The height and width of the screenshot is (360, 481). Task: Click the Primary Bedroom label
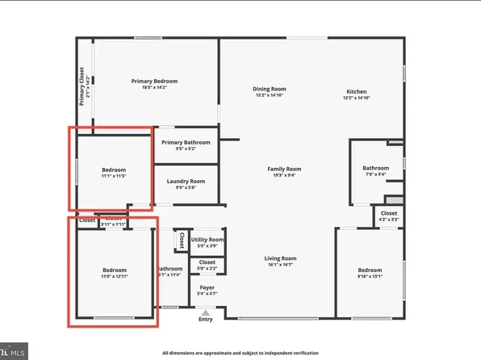click(154, 81)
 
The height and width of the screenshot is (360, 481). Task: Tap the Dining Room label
click(270, 89)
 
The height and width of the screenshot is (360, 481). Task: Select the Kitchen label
click(358, 91)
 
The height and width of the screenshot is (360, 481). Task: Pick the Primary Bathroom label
click(186, 142)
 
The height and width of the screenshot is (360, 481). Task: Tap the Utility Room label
click(207, 240)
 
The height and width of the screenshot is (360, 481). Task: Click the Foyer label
click(207, 286)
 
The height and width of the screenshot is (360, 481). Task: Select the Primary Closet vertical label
click(82, 86)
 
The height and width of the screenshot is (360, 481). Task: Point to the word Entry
click(207, 320)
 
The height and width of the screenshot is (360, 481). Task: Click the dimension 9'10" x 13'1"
click(370, 275)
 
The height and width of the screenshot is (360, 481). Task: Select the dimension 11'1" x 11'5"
click(114, 175)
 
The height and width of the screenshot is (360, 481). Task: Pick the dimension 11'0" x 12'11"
click(114, 275)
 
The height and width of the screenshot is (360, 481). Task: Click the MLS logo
click(15, 351)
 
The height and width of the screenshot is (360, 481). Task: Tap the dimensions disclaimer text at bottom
click(240, 353)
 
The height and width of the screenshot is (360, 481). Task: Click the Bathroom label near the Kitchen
click(375, 168)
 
